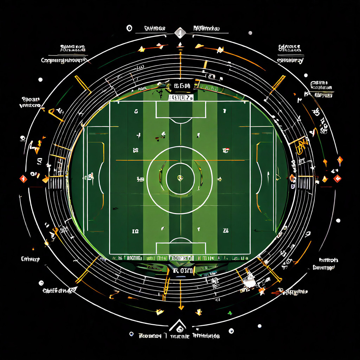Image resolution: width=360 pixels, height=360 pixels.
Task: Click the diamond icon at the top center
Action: [180, 33]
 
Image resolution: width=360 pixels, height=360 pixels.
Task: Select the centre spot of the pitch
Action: [180, 178]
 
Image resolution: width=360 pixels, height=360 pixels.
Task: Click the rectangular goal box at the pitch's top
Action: [181, 110]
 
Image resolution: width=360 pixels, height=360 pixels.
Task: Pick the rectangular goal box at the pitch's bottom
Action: [181, 248]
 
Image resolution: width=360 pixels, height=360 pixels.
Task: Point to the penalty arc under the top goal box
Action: [181, 121]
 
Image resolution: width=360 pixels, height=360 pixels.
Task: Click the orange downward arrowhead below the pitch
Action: [181, 307]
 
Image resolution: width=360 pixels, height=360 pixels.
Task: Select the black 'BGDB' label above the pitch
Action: [181, 86]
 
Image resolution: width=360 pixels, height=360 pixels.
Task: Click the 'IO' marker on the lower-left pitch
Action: [135, 231]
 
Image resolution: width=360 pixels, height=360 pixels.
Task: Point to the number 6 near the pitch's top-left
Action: [136, 111]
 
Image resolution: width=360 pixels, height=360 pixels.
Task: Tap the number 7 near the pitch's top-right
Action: [224, 111]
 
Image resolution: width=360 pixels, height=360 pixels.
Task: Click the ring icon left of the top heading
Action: [129, 28]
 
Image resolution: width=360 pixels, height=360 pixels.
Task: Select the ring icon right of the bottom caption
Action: [231, 331]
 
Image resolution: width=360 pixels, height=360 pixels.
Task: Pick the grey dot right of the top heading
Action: [250, 33]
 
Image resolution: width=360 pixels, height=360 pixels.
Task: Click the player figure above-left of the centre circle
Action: [163, 134]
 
